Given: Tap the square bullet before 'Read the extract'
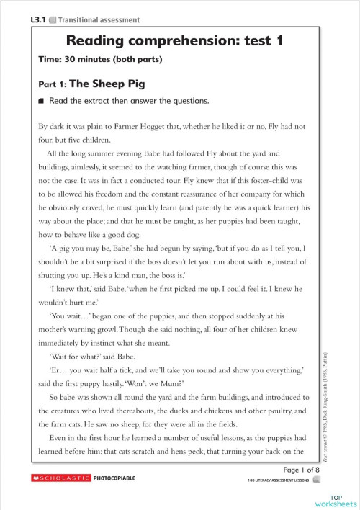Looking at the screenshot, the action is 42,101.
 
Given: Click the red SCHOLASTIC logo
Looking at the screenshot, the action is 61,478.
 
